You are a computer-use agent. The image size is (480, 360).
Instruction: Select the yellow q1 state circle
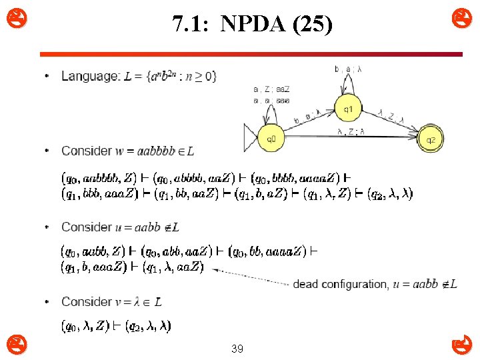[347, 107]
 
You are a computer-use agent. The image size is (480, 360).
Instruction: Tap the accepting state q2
[431, 139]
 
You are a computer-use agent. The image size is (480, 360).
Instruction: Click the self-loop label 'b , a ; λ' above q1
[348, 68]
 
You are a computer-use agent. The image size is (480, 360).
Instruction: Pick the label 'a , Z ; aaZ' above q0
[271, 89]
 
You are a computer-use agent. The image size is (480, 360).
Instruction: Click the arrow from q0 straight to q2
[353, 139]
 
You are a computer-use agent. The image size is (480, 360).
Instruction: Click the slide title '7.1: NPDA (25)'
[251, 25]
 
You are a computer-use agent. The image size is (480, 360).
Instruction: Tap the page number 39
[237, 348]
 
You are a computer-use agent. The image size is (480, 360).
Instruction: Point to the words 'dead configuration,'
[340, 284]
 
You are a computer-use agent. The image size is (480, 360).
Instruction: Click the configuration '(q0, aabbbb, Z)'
[99, 178]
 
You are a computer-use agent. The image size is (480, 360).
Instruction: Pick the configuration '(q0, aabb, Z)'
[93, 251]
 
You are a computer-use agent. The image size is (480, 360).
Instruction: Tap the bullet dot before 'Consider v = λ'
[46, 302]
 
